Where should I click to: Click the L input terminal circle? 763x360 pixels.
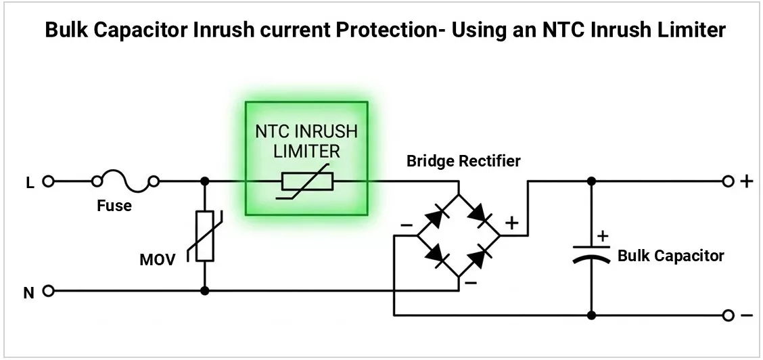47,181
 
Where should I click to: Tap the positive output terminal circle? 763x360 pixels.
728,181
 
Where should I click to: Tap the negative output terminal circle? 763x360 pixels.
728,315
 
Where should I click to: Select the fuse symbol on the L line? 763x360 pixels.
126,179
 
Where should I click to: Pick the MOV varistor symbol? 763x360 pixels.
205,236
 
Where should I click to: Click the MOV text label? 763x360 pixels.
158,261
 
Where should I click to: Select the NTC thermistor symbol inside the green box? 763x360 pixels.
306,181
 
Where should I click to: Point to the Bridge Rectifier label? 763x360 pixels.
464,161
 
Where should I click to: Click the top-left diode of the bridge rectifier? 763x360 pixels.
437,215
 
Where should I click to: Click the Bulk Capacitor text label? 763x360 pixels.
670,256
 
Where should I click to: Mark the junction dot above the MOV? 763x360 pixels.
205,181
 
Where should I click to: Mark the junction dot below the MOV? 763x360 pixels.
205,291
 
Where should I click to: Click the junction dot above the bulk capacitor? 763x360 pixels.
592,181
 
